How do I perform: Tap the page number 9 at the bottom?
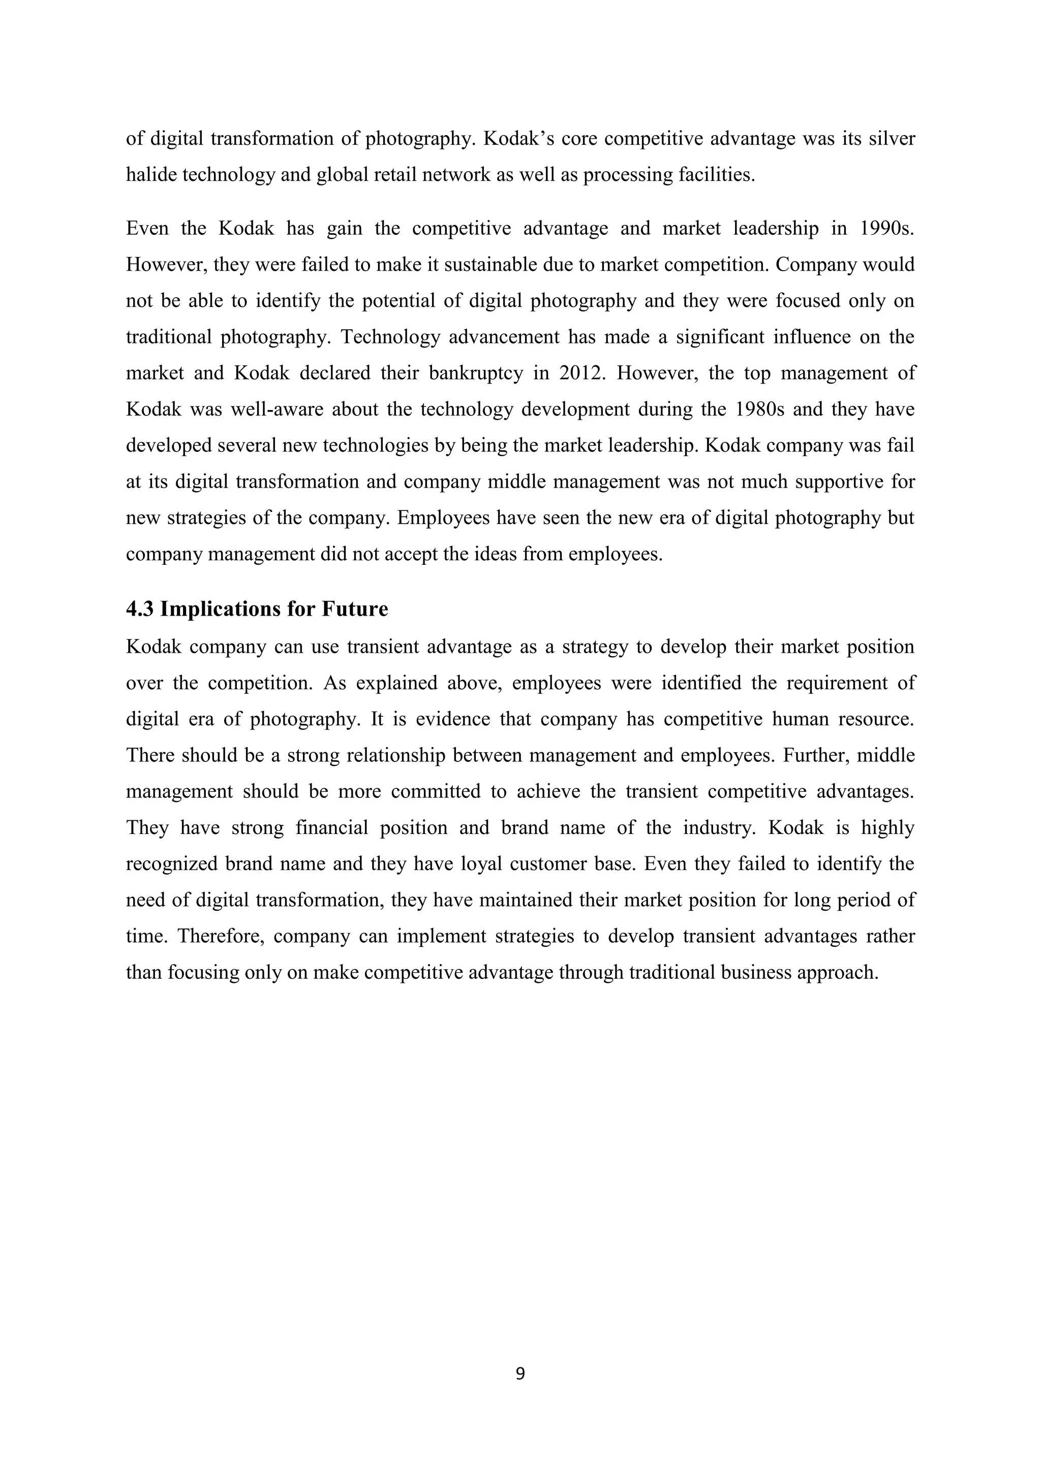(x=520, y=1373)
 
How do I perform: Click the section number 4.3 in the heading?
(x=139, y=609)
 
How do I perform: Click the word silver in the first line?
(x=892, y=138)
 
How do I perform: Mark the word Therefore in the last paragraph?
(x=221, y=936)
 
